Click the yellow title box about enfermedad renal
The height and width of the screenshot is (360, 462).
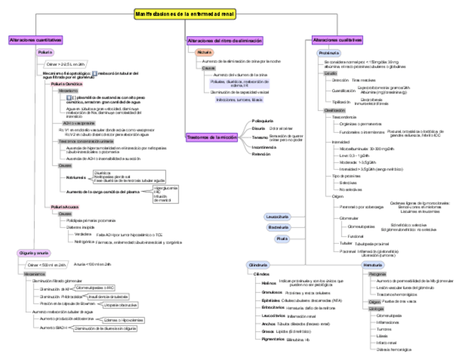pos(185,14)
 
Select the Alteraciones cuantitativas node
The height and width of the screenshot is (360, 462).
pos(35,40)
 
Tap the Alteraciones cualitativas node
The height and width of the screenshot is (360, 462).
pos(337,40)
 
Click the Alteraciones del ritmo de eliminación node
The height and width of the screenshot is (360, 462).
pos(225,40)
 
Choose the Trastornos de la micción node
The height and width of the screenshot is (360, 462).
pos(212,137)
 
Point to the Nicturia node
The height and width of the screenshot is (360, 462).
pos(204,52)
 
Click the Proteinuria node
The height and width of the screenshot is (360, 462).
pos(329,53)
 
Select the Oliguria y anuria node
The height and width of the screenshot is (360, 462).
pos(35,253)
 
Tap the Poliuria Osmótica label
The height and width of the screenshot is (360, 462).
pos(66,84)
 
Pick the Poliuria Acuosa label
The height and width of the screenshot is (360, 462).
pos(65,207)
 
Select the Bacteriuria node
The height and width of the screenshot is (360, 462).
pos(278,227)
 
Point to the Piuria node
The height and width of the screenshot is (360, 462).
pos(282,239)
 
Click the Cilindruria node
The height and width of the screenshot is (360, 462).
pos(258,265)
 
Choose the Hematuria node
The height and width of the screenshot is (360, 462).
pos(373,265)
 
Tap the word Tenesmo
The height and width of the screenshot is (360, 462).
pos(259,137)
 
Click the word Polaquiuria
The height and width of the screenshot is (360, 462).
pos(263,120)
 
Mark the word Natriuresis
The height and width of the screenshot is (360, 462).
pos(76,178)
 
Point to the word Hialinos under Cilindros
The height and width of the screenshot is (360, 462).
pos(269,283)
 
